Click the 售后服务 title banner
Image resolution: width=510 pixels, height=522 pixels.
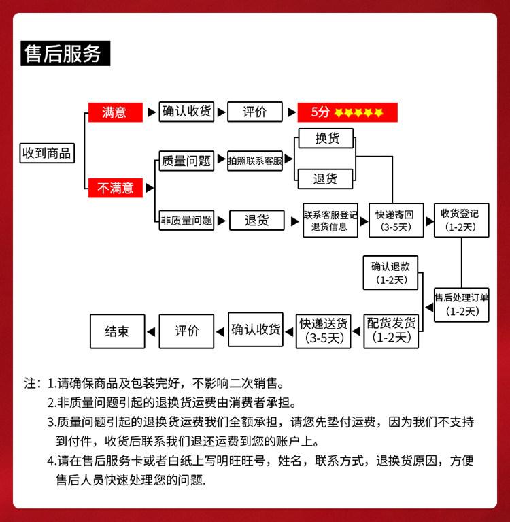point(65,53)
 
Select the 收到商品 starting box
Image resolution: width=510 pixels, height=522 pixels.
point(47,153)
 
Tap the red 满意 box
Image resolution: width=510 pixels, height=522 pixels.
point(116,112)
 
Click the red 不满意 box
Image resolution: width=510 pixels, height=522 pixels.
point(116,188)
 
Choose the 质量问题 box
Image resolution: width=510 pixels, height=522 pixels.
point(186,161)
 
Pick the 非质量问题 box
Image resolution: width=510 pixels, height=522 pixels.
point(186,220)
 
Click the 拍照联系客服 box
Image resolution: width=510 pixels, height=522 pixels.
point(255,161)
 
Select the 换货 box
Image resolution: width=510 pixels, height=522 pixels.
point(326,138)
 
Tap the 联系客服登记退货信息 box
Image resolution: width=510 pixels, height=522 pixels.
point(330,221)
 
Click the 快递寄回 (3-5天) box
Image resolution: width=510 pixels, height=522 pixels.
point(396,221)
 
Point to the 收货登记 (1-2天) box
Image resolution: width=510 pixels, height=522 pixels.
point(462,221)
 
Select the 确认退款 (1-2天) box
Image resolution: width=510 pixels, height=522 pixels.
point(390,273)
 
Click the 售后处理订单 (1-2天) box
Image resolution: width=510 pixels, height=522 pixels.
point(462,305)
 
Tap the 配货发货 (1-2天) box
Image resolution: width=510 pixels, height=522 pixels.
point(391,331)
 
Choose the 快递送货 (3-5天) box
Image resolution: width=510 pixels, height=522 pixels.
point(324,331)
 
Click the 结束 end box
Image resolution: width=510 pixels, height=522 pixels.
point(118,331)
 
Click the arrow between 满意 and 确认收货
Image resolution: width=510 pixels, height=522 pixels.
point(152,112)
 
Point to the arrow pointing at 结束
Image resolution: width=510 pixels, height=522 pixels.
point(151,331)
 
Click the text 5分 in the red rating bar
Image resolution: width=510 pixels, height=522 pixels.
point(320,112)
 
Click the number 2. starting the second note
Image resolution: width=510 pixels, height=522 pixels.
point(52,403)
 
